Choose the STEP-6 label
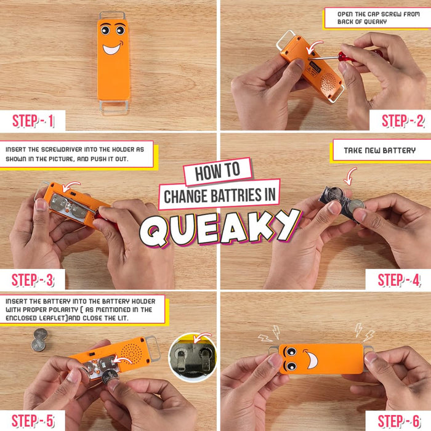pyautogui.click(x=401, y=421)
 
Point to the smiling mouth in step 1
pyautogui.click(x=113, y=47)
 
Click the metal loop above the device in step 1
pyautogui.click(x=113, y=15)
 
